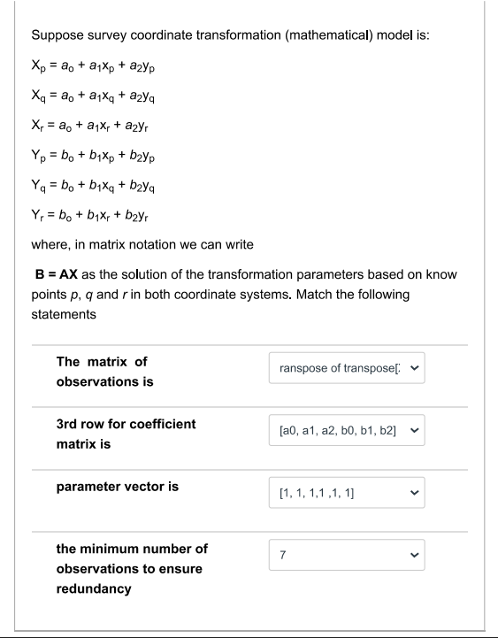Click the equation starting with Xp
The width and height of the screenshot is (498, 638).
click(96, 66)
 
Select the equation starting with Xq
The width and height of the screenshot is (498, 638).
click(96, 95)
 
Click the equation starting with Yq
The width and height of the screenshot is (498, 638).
click(96, 186)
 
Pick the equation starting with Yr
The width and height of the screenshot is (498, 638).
click(93, 214)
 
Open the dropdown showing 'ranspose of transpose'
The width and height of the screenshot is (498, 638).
click(347, 368)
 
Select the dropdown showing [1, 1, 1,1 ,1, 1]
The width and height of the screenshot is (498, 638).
click(347, 493)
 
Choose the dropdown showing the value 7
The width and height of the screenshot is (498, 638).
click(347, 556)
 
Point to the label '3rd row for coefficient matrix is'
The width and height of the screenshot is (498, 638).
click(126, 434)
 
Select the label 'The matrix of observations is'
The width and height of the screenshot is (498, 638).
click(104, 372)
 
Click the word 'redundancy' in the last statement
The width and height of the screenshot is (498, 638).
click(94, 588)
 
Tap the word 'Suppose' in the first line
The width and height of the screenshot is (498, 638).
click(57, 36)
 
